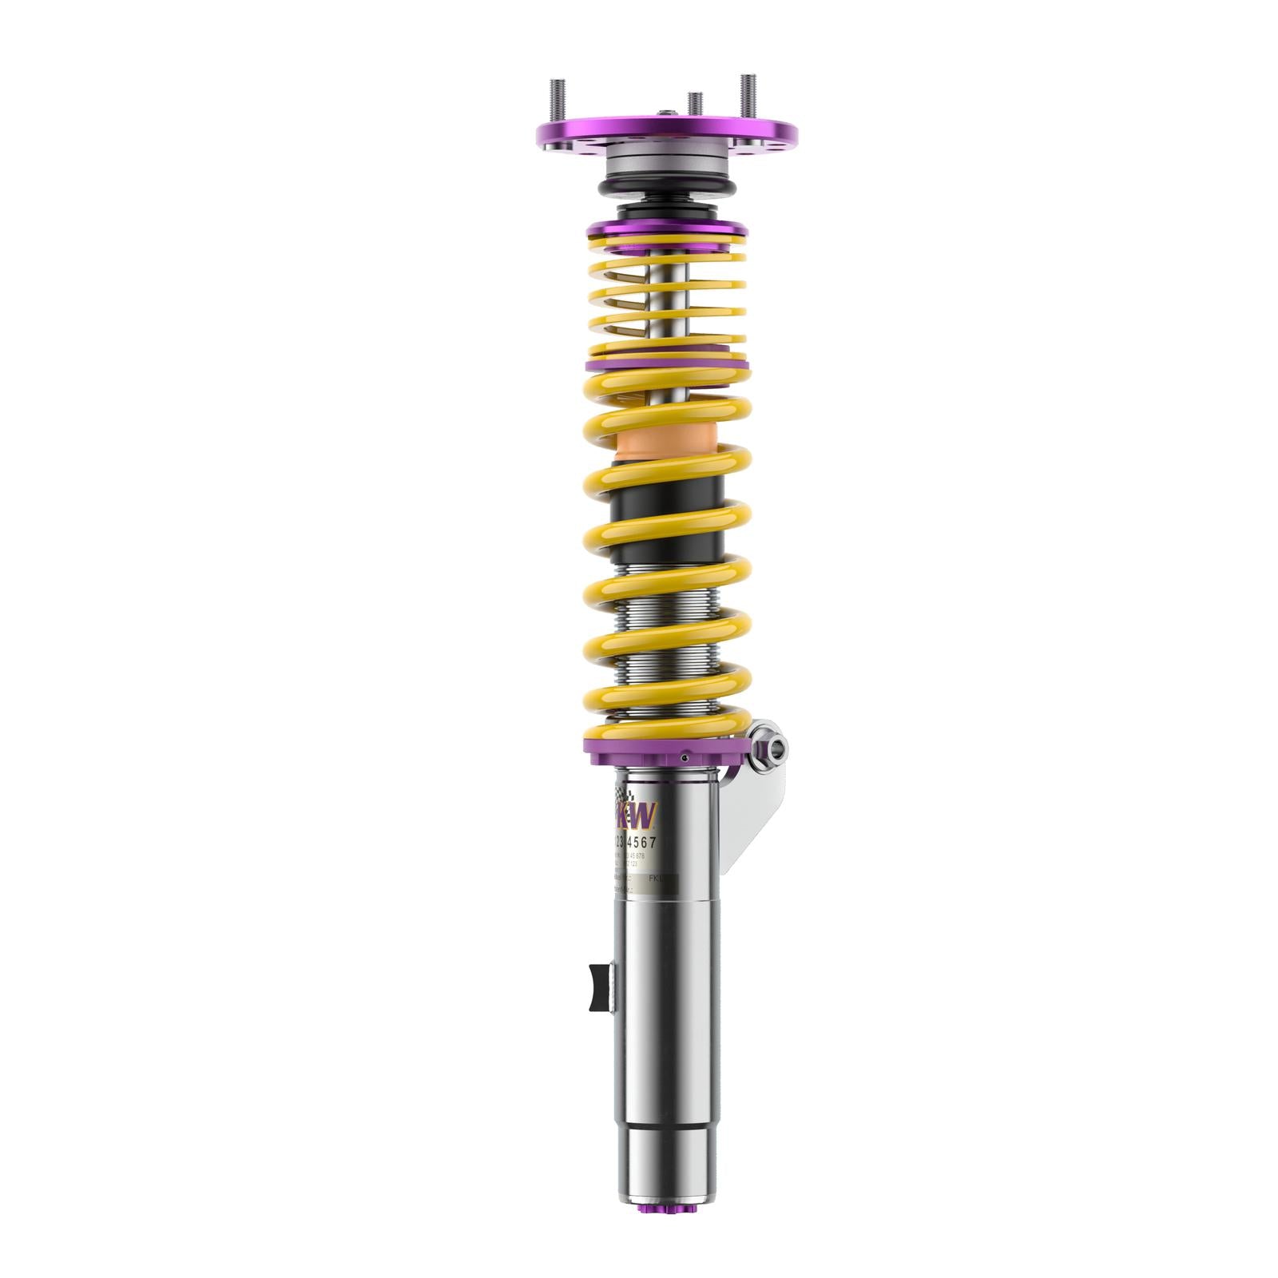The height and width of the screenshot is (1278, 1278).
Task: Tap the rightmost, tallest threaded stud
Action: [x=748, y=95]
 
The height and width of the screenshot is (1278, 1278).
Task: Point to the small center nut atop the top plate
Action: [x=665, y=113]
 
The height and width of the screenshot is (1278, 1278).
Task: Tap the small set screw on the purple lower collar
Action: [x=685, y=754]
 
